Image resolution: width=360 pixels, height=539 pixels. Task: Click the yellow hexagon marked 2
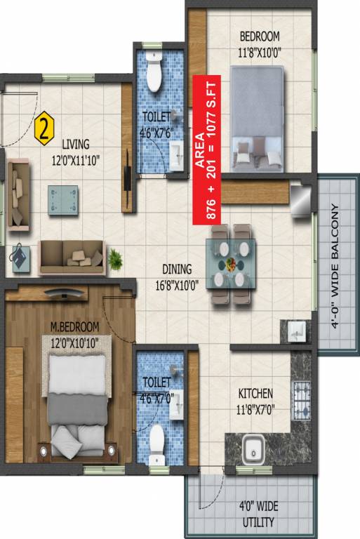click(x=44, y=128)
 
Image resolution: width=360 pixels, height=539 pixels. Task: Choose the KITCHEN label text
click(x=255, y=394)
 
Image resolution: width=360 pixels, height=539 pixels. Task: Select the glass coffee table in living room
click(x=63, y=199)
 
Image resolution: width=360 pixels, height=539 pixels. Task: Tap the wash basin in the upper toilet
click(x=177, y=149)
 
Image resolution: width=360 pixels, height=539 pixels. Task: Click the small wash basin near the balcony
click(x=293, y=330)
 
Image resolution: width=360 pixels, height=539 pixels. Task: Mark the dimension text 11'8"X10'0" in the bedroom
click(x=259, y=50)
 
